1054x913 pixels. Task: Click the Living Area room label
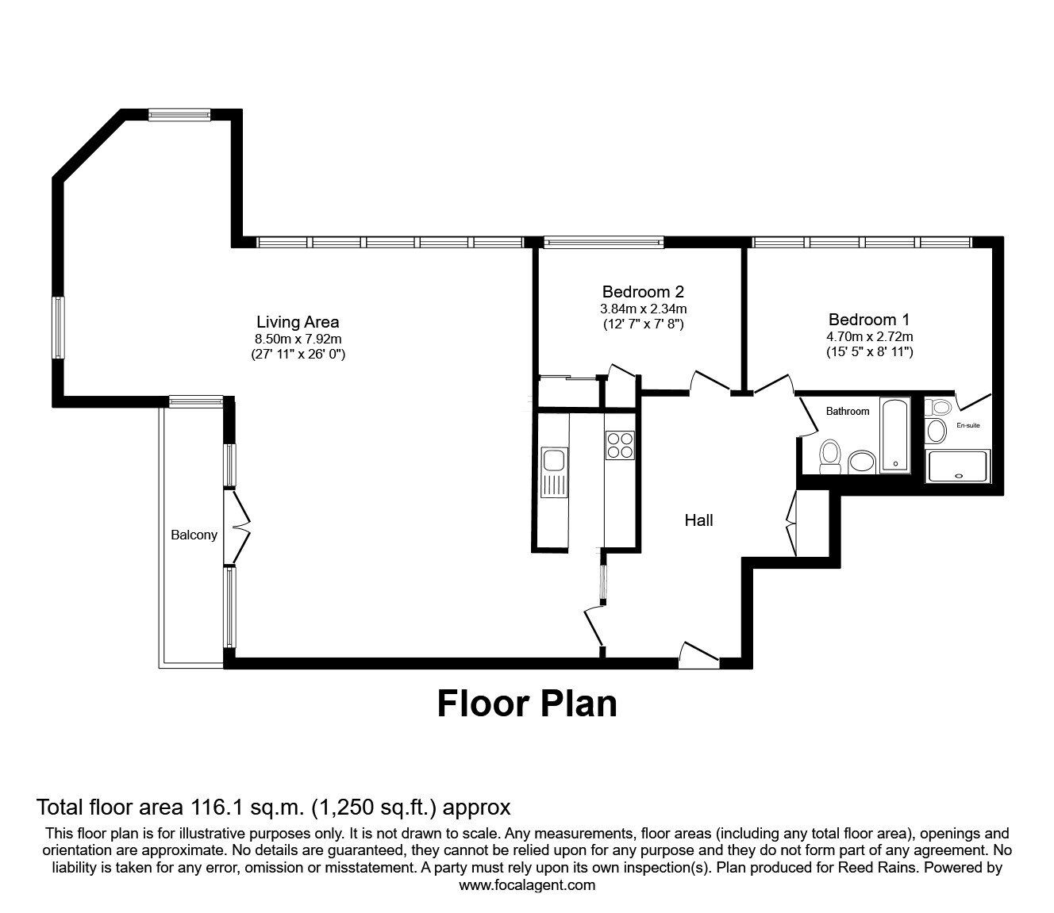point(298,322)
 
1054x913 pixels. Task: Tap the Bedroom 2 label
point(642,292)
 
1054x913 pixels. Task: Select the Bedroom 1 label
point(868,320)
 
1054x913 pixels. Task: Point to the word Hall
point(698,520)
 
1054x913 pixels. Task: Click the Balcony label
point(194,535)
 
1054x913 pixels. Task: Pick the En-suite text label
point(967,425)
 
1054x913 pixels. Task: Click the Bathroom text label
point(847,411)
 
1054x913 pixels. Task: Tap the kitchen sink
point(553,461)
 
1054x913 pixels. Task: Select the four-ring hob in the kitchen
point(619,445)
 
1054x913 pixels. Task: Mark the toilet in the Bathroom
point(830,456)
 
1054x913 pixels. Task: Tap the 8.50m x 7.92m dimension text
point(298,339)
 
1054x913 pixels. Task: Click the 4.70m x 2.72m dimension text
point(868,336)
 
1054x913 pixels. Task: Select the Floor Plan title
point(526,704)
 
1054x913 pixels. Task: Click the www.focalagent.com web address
point(526,885)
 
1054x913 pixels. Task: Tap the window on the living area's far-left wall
point(58,327)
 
